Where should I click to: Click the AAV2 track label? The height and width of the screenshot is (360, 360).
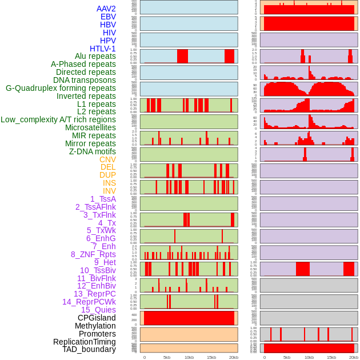point(106,9)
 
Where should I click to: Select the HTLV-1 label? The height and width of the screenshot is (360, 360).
point(103,49)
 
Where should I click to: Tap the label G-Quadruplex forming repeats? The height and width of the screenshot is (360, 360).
point(61,88)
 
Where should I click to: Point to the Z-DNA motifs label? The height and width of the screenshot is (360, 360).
point(93,151)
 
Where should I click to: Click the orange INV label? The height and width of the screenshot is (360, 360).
point(109,191)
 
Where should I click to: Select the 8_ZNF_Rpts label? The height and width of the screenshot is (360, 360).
point(93,254)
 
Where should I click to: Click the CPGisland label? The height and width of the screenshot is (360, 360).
point(97,318)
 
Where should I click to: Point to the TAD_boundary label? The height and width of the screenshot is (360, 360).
point(89,349)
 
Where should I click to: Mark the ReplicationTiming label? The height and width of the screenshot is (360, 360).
point(84,342)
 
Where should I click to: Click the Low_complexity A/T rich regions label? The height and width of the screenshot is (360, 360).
point(58,119)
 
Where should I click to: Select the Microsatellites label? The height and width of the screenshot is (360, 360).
point(90,127)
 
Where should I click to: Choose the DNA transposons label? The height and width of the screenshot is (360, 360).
point(85,80)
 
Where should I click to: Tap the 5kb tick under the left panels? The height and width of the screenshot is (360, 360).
point(167,357)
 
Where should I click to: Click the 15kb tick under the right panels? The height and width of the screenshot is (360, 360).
point(331,357)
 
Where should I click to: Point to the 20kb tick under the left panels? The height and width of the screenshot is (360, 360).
point(233,357)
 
